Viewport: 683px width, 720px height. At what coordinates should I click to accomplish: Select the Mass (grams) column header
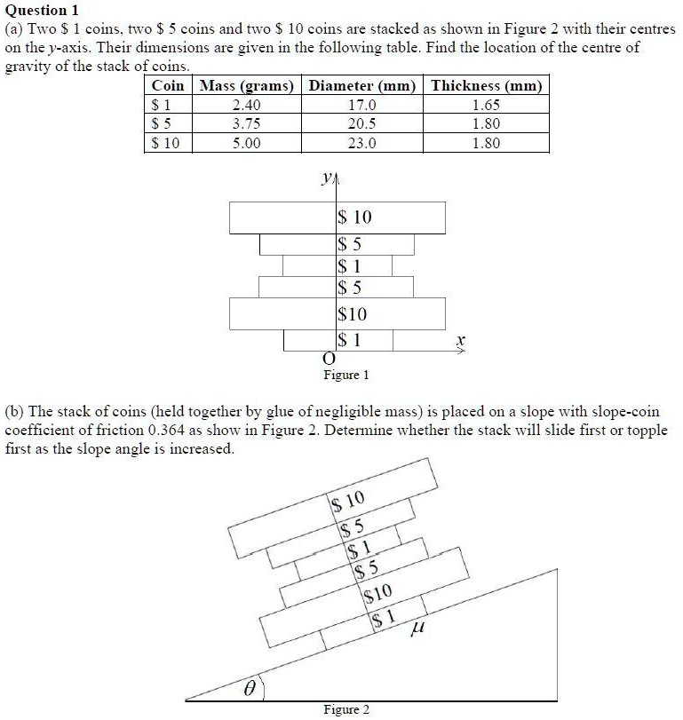coord(246,86)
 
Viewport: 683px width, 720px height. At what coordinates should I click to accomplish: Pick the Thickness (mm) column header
coord(486,86)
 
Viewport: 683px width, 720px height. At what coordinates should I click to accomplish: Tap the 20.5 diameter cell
coord(362,124)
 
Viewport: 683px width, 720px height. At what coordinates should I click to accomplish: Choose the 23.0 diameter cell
coord(362,143)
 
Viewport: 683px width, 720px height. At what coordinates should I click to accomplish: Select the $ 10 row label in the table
coord(165,143)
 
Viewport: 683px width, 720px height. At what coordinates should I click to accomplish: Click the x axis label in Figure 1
coord(459,339)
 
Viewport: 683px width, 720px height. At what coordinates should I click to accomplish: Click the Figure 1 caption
coord(345,375)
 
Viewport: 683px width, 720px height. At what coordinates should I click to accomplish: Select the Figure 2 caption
coord(345,709)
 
